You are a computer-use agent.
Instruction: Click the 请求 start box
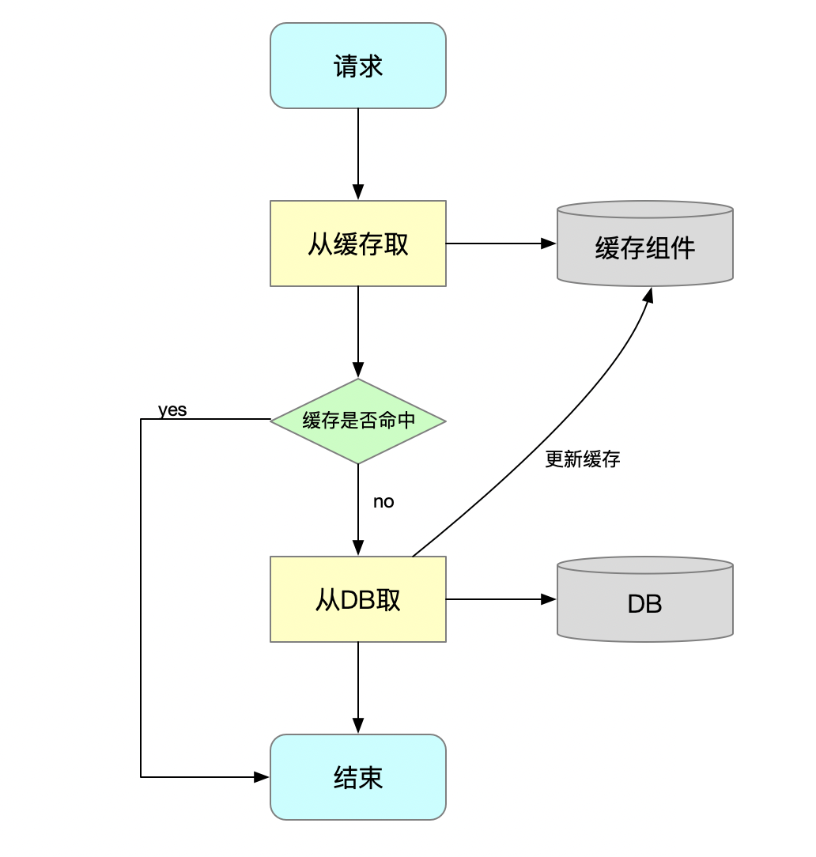[x=358, y=66]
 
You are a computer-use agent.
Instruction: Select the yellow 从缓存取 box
[x=358, y=244]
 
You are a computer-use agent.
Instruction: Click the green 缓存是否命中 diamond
[x=358, y=421]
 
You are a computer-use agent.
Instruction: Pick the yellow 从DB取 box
[x=358, y=599]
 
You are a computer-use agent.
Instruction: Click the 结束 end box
[x=358, y=777]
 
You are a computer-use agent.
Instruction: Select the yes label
[x=172, y=410]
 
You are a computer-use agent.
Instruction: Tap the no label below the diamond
[x=383, y=502]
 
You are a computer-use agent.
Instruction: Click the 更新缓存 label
[x=583, y=459]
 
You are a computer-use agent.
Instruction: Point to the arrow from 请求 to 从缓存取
[x=358, y=150]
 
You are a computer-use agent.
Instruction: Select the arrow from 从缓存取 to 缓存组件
[x=498, y=244]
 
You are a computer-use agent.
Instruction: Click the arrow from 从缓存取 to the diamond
[x=358, y=328]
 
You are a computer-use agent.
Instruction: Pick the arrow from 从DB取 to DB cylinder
[x=498, y=599]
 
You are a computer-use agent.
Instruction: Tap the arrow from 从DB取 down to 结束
[x=358, y=684]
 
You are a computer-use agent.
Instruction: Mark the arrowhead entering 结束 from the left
[x=262, y=777]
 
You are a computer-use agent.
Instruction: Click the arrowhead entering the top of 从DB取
[x=358, y=548]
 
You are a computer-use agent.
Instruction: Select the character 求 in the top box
[x=371, y=66]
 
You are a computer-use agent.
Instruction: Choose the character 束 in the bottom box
[x=371, y=777]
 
